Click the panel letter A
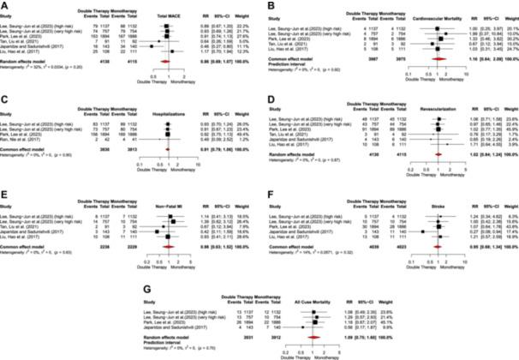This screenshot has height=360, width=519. [x=7, y=4]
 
